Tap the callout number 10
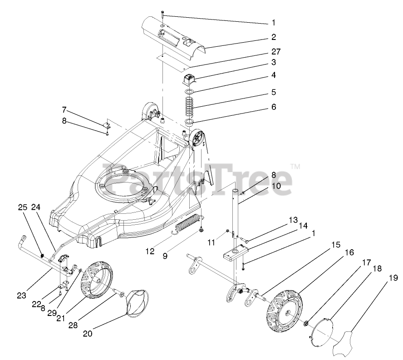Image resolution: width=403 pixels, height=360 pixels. point(276,186)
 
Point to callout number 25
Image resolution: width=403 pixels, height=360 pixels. point(23,207)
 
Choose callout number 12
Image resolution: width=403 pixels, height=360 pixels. point(150,250)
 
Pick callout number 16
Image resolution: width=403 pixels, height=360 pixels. point(348,252)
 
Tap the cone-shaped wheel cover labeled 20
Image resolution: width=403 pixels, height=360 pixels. point(136,301)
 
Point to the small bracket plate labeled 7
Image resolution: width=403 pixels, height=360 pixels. point(108,124)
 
